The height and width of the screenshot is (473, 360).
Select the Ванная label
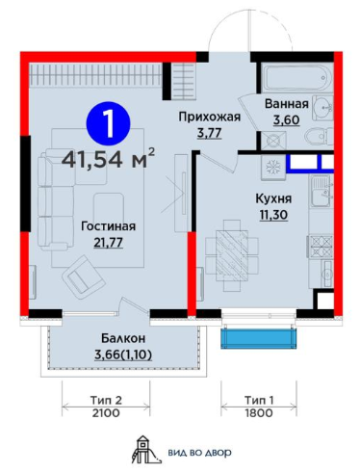pyautogui.click(x=286, y=104)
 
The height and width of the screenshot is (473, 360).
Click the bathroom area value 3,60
pyautogui.click(x=286, y=119)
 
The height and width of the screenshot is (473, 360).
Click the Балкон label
pyautogui.click(x=123, y=338)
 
